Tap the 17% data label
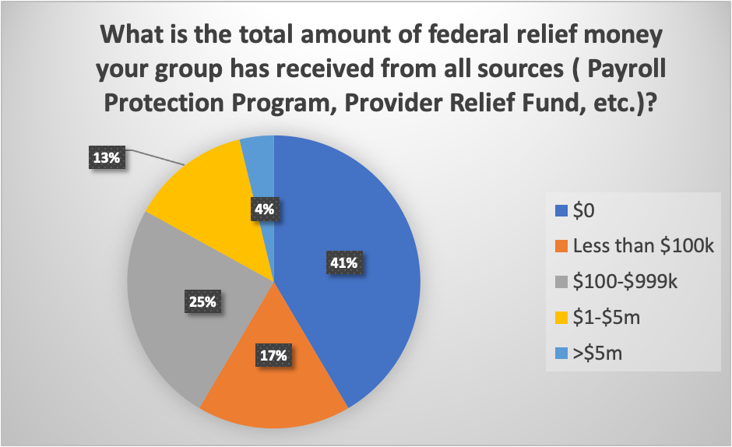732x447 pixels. [273, 356]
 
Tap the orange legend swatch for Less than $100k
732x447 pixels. [558, 247]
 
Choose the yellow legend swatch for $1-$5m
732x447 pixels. [558, 318]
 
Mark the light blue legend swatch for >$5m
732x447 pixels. [558, 354]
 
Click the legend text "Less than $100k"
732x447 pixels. [643, 247]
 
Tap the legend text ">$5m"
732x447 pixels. [600, 354]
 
